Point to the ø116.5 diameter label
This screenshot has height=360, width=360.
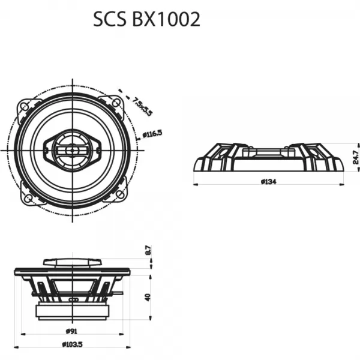pyautogui.click(x=152, y=134)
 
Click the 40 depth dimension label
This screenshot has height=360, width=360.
pyautogui.click(x=148, y=297)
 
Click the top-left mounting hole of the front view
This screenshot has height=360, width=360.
pyautogui.click(x=25, y=106)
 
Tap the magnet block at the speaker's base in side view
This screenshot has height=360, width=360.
pyautogui.click(x=71, y=311)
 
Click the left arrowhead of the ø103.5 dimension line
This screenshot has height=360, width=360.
pyautogui.click(x=16, y=348)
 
